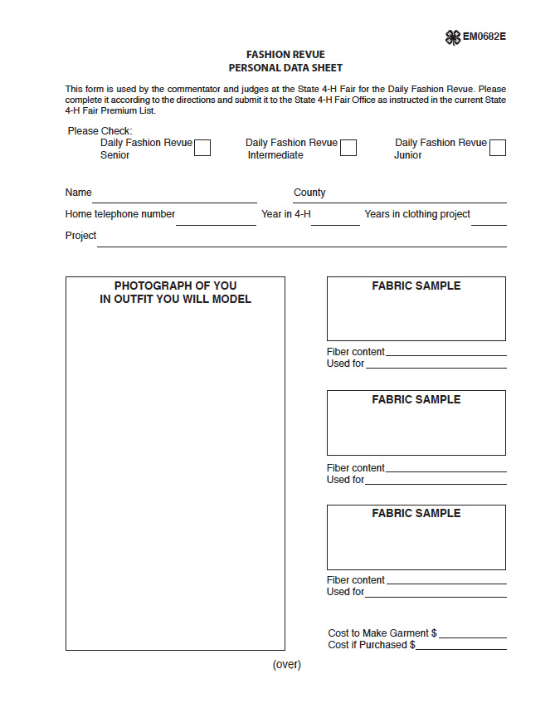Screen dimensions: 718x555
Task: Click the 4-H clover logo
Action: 453,37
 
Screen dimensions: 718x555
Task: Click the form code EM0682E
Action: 484,37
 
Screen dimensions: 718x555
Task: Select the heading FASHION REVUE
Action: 285,55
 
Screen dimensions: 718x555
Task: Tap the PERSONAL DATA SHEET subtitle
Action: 285,68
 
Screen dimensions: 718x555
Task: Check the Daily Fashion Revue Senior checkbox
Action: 202,148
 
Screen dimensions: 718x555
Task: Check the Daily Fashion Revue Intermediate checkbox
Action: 348,148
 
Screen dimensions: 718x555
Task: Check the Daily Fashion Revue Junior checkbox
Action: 498,148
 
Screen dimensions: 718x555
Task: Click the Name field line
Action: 174,201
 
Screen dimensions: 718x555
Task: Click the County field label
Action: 309,193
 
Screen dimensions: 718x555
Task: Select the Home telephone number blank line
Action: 216,223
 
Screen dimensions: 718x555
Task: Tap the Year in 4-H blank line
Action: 335,223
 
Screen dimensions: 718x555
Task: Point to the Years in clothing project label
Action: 417,214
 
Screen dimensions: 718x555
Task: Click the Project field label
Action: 80,236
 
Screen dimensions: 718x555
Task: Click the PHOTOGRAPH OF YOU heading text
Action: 175,286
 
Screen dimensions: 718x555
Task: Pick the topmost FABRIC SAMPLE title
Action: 416,286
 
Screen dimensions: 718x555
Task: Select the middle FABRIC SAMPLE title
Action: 416,399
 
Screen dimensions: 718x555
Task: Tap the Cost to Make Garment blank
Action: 473,637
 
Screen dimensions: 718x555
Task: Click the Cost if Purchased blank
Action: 461,648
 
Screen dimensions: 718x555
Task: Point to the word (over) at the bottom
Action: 286,664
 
